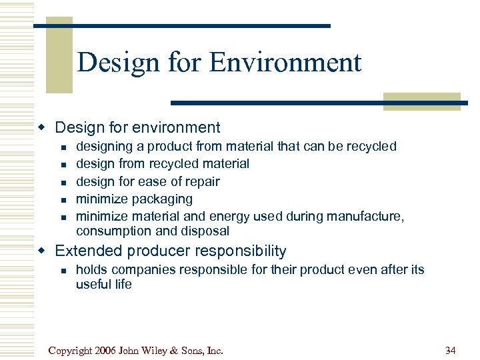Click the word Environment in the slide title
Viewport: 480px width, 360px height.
(285, 63)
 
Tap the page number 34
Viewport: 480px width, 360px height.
(450, 350)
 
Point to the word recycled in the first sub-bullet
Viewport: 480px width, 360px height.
(371, 146)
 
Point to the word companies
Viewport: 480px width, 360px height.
(143, 269)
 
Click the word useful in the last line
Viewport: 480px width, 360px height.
(93, 285)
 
